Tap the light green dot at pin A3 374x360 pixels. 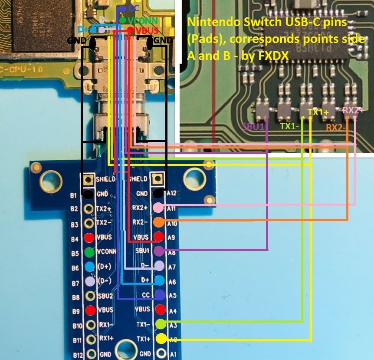coord(160,324)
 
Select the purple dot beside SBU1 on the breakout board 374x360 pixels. coord(159,251)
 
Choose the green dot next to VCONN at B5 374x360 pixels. coord(89,252)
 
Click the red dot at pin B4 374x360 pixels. coord(89,238)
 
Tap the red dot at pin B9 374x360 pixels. coord(89,310)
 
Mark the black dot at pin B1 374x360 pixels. coord(88,194)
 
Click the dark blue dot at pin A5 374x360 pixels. coord(160,295)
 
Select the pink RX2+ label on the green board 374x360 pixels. coord(353,110)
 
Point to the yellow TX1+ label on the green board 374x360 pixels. coord(318,112)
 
